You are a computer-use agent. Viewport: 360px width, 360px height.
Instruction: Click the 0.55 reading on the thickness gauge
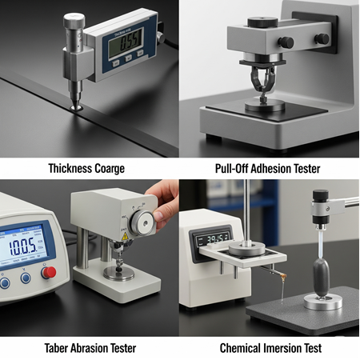pos(126,40)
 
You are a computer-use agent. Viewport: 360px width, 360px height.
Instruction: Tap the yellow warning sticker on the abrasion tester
pos(125,237)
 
